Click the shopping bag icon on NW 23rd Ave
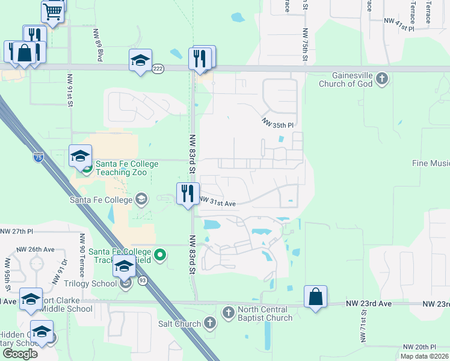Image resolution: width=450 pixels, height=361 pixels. (x=315, y=297)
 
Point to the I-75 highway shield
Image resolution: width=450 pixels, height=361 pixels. (x=38, y=158)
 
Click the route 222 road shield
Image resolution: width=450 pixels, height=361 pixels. (x=158, y=69)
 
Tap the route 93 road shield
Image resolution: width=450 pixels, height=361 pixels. (x=143, y=280)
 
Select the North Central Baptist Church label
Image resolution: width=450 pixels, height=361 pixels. (x=265, y=313)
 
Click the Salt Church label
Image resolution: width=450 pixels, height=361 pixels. (x=180, y=324)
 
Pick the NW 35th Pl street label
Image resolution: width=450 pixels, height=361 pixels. (x=277, y=123)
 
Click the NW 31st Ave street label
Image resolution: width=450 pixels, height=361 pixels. (x=217, y=203)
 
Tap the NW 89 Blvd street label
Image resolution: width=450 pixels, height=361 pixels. (x=98, y=45)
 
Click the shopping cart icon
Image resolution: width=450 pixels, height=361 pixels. (x=53, y=10)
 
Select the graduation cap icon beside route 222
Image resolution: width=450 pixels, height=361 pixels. (x=140, y=60)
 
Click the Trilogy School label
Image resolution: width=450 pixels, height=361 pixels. (x=96, y=283)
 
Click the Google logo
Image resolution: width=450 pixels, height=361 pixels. (x=20, y=354)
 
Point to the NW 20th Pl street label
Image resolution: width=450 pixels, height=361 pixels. (x=419, y=347)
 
